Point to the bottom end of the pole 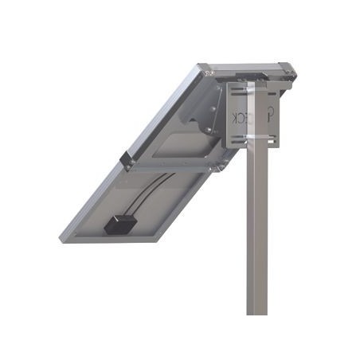(x=256, y=311)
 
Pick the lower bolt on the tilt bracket (x=209, y=130)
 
